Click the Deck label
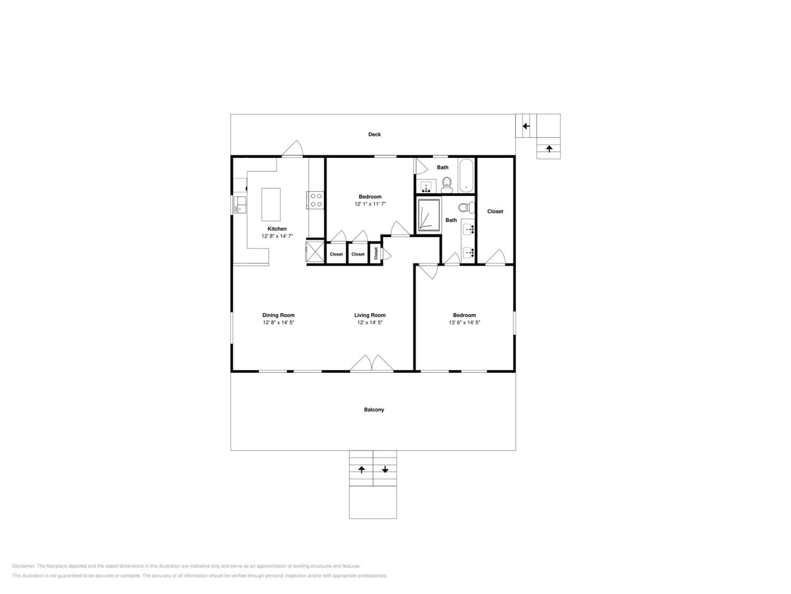pos(374,134)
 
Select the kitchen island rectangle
pos(271,204)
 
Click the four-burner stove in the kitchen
pos(316,200)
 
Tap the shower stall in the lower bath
pos(428,215)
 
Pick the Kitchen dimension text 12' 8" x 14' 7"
pos(277,236)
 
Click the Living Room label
pos(370,315)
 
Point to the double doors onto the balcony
pos(372,364)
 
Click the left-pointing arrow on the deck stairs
pos(526,126)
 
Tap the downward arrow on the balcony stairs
pos(385,469)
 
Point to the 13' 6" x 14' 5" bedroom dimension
pos(464,323)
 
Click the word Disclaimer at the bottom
pos(23,566)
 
